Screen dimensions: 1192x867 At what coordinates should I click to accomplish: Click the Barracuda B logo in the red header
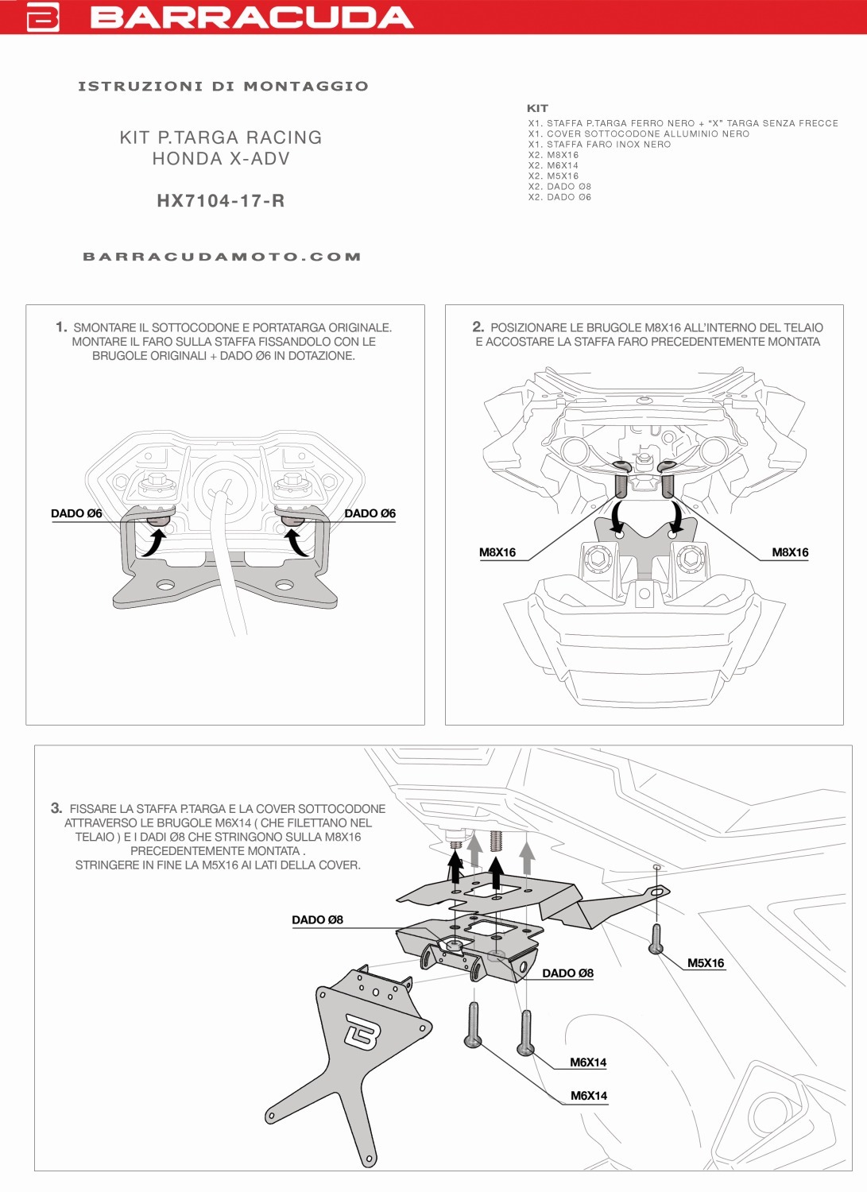point(43,17)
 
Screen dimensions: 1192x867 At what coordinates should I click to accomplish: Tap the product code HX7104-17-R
point(221,201)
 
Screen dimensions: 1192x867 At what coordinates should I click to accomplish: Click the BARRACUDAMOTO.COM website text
point(222,257)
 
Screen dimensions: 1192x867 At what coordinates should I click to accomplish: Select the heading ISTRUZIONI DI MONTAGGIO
point(223,86)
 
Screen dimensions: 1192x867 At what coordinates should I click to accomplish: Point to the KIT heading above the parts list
point(537,108)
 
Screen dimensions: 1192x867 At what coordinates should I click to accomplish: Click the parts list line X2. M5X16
point(554,176)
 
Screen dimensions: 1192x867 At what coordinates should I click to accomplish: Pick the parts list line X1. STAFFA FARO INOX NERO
point(599,145)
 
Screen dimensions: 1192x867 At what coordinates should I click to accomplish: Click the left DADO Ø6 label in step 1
point(76,513)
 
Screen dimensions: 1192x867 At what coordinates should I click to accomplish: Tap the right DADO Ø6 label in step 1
point(370,513)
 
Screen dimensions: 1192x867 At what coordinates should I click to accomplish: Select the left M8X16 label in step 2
point(497,552)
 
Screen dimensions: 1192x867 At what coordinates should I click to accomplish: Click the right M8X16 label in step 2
point(790,552)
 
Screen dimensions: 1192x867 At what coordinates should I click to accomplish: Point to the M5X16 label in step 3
point(706,963)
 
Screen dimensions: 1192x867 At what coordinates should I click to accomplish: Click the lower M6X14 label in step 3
point(589,1096)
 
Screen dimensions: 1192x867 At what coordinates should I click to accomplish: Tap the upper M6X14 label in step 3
point(588,1062)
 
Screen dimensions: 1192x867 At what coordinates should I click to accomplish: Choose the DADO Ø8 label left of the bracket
point(317,920)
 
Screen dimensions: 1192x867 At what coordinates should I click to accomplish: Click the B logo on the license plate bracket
point(362,1032)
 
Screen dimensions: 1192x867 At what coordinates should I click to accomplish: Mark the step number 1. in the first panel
point(61,327)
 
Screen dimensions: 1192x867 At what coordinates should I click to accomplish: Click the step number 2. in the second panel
point(478,327)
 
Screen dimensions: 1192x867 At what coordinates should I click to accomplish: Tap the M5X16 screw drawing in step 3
point(656,938)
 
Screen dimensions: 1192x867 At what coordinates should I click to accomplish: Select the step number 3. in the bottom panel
point(56,808)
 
